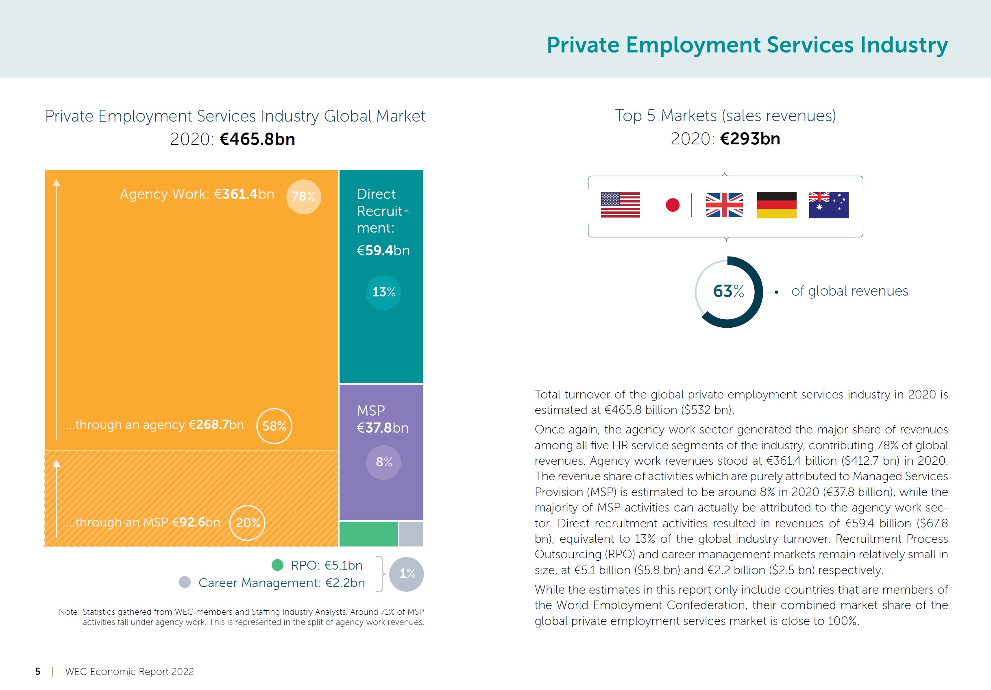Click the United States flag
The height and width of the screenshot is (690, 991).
pyautogui.click(x=620, y=205)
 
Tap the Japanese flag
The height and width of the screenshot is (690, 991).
pyautogui.click(x=673, y=205)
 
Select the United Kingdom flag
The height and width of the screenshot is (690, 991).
pyautogui.click(x=724, y=205)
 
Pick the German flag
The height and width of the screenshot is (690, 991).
pyautogui.click(x=776, y=205)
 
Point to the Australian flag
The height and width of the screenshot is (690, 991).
pyautogui.click(x=828, y=205)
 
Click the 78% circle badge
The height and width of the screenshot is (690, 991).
pyautogui.click(x=303, y=197)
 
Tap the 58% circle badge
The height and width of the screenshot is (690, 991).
pyautogui.click(x=274, y=426)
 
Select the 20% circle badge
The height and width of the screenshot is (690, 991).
pyautogui.click(x=247, y=522)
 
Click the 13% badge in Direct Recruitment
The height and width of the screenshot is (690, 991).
pyautogui.click(x=383, y=292)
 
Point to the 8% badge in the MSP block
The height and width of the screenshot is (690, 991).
pyautogui.click(x=383, y=462)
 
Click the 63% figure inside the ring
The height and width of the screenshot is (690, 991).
pyautogui.click(x=728, y=291)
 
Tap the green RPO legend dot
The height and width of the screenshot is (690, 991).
pyautogui.click(x=277, y=565)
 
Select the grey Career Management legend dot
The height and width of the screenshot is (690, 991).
pyautogui.click(x=185, y=582)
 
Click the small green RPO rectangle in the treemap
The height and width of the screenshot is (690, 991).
pyautogui.click(x=368, y=534)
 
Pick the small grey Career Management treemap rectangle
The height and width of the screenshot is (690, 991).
pyautogui.click(x=411, y=534)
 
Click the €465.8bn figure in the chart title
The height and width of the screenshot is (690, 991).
pyautogui.click(x=257, y=139)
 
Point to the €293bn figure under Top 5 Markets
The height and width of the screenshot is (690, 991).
pyautogui.click(x=750, y=139)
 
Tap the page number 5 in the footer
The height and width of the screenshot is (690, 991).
pyautogui.click(x=38, y=671)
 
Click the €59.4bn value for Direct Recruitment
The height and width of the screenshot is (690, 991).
pyautogui.click(x=383, y=250)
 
